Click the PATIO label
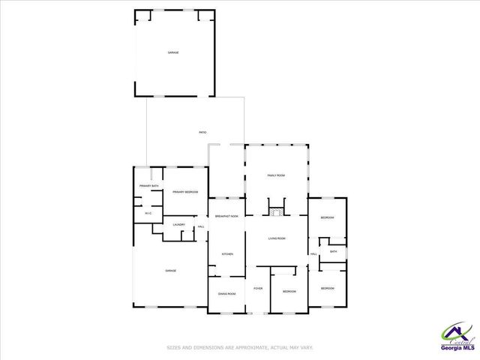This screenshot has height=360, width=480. click(202, 132)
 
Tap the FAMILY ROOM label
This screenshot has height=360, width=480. click(276, 175)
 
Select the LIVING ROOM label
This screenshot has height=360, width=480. click(277, 238)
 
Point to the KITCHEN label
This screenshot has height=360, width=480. click(226, 254)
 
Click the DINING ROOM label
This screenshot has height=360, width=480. click(226, 293)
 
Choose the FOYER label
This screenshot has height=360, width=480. click(257, 288)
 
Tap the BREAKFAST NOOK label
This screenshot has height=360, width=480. click(226, 216)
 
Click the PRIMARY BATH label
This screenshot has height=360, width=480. click(148, 186)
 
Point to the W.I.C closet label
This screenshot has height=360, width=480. click(148, 214)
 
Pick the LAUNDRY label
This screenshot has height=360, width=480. click(178, 225)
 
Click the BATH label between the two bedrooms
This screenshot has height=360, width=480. click(334, 251)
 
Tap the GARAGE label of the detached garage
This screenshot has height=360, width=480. click(173, 52)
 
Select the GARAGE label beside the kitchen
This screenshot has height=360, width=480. click(170, 271)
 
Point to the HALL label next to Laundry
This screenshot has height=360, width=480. click(201, 226)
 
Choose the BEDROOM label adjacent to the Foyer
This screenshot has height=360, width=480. click(289, 291)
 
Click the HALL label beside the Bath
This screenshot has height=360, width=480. click(313, 254)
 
